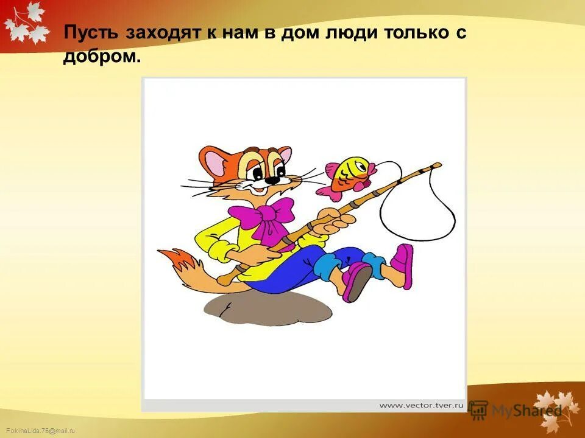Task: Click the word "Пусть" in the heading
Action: point(92,33)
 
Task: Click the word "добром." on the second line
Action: point(102,57)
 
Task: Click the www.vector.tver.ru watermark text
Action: point(422,404)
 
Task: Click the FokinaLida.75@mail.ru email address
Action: point(38,431)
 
